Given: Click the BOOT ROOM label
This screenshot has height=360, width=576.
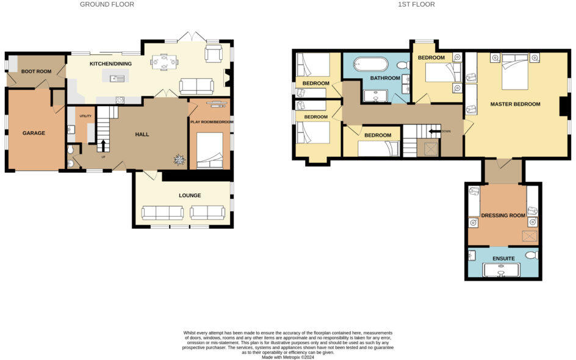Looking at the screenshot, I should [36, 71].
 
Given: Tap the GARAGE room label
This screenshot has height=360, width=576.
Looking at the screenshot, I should [34, 132].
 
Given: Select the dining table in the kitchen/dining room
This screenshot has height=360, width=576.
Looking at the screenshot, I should [165, 61].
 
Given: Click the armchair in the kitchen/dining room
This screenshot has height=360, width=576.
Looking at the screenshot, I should [214, 55].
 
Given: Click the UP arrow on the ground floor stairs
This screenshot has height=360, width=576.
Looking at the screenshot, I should [103, 145].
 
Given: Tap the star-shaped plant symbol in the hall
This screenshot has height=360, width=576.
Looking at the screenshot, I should [179, 160].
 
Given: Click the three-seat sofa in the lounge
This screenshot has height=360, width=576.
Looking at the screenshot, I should [162, 212].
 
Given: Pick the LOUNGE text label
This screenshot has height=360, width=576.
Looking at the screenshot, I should [190, 195].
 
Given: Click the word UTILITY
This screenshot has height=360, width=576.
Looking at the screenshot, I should [85, 115].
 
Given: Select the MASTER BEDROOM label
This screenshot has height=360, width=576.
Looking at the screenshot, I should [515, 104].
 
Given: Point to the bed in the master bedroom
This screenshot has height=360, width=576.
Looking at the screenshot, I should [514, 72].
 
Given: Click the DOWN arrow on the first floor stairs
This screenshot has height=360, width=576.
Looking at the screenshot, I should [435, 131].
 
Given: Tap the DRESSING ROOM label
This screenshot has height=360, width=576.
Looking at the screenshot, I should [503, 215].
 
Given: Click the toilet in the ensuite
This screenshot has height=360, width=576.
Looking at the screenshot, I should [530, 255].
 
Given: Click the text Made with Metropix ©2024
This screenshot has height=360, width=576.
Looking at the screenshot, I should [288, 357].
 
